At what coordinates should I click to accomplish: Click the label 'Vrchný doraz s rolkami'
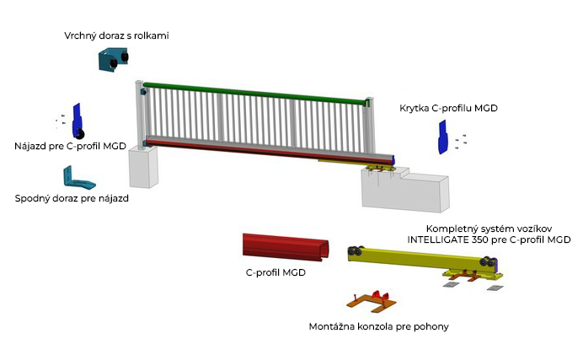coord(116,35)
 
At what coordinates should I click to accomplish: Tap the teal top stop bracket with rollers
coord(114,59)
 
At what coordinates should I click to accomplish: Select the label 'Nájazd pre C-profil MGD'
coord(70,146)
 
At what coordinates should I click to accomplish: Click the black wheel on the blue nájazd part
coord(80,135)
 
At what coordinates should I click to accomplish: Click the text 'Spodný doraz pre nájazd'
coord(72,198)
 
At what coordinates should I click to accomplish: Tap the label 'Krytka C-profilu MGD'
coord(448,108)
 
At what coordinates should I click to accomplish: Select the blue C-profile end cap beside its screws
coord(442,137)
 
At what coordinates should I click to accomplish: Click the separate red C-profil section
coord(285,247)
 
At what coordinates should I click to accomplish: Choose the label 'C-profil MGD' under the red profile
coord(275,272)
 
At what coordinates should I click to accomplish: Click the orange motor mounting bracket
coord(372,300)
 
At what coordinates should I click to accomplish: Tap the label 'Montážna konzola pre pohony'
coord(378,326)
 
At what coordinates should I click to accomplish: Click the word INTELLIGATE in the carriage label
coord(438,240)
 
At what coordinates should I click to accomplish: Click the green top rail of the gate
coord(254,93)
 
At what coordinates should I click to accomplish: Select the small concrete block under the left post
coord(143,167)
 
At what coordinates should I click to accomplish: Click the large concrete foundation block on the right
coord(405,190)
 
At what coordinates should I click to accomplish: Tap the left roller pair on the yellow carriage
coord(355,251)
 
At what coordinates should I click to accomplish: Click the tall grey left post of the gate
coord(140,115)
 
